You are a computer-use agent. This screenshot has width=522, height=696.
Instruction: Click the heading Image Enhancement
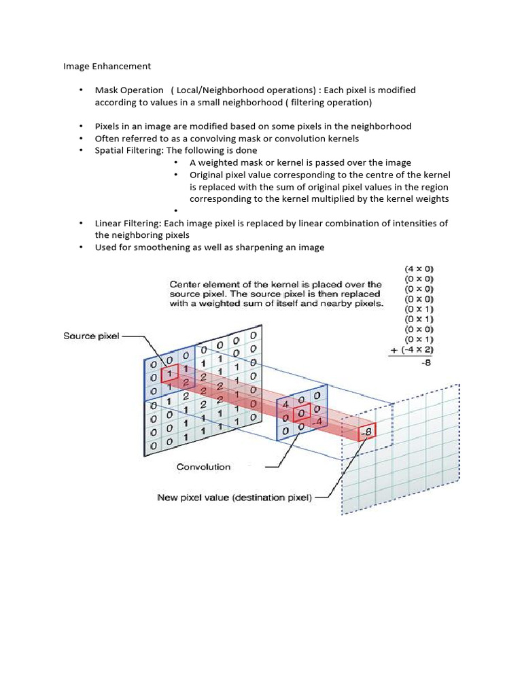click(x=107, y=67)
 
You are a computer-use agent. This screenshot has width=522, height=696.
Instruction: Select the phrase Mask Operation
click(x=129, y=90)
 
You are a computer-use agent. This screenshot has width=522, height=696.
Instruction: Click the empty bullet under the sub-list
click(x=175, y=211)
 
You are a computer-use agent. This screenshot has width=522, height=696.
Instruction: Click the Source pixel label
click(x=91, y=336)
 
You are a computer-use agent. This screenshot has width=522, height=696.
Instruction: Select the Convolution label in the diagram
click(x=203, y=467)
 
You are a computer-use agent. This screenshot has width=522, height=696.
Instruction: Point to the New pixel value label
click(x=234, y=498)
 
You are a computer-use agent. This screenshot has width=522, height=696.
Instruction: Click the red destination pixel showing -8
click(x=366, y=432)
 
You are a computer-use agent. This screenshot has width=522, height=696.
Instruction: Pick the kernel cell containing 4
click(x=286, y=403)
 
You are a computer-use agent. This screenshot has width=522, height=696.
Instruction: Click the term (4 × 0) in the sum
click(x=419, y=269)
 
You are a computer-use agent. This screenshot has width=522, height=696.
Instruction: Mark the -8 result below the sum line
click(x=425, y=363)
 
